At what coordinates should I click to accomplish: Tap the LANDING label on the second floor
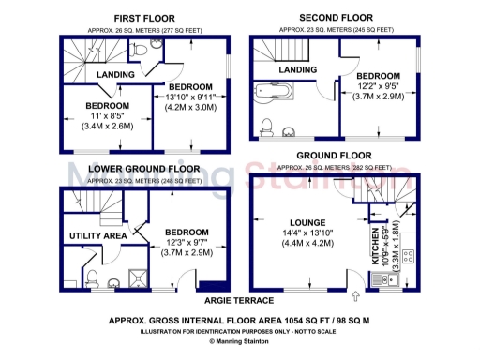297,70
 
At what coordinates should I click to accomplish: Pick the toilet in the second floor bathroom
267,128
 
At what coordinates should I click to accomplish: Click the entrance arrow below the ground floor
355,298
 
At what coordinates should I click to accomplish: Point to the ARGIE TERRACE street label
239,300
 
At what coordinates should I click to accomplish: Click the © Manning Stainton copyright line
240,342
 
